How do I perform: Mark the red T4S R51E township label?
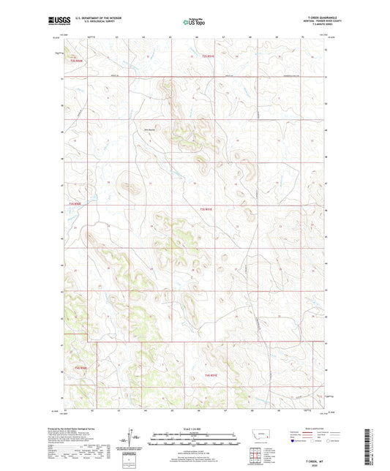coord(211,375)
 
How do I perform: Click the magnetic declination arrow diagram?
coord(134,440)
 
